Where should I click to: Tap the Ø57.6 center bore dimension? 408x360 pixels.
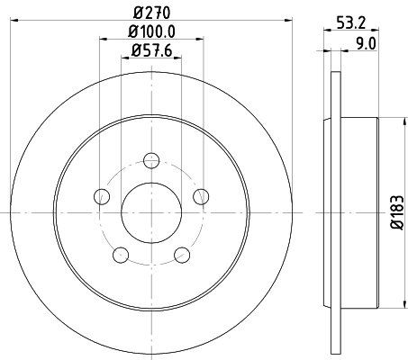click(151, 50)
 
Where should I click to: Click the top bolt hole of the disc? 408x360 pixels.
click(150, 161)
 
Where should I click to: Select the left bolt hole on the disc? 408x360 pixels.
click(102, 196)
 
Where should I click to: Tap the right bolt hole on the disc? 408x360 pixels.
click(200, 196)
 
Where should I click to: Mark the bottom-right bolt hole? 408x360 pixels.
click(181, 254)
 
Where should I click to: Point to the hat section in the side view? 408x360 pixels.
click(360, 212)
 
